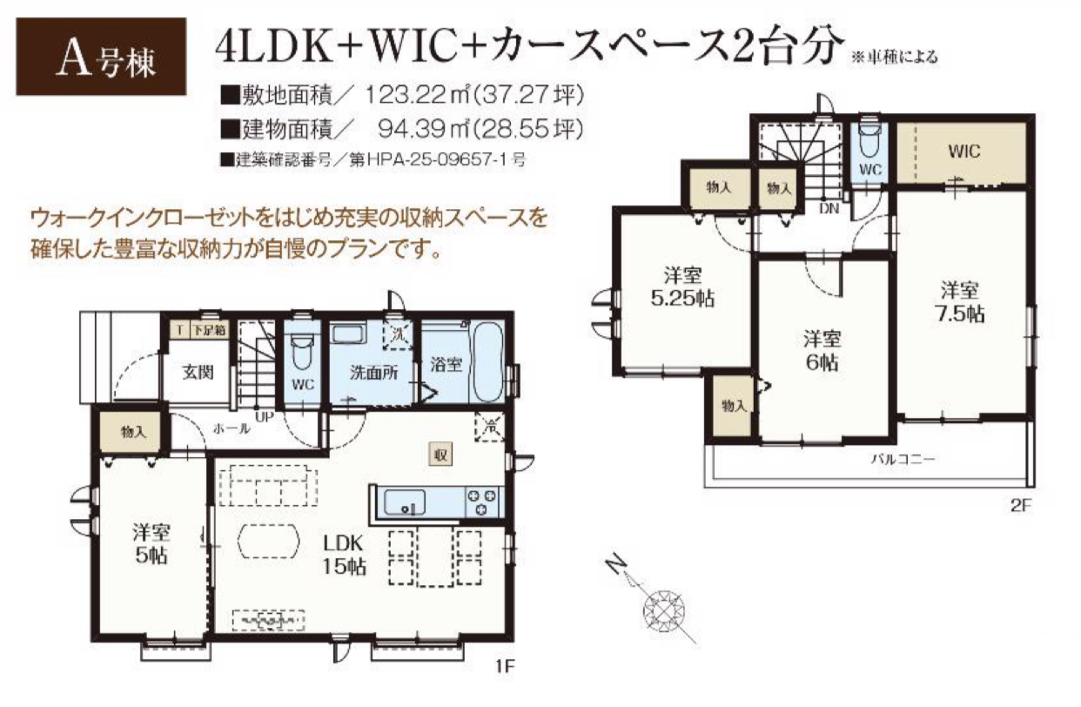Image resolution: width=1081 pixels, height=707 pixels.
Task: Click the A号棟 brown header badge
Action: (x=101, y=57)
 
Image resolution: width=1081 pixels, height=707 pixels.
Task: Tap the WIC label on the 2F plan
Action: (x=964, y=152)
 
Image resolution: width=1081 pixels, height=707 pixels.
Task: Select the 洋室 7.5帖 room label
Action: (x=960, y=303)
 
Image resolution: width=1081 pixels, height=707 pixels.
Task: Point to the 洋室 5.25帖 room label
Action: (x=682, y=288)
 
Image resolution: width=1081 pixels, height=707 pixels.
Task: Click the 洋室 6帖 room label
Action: (x=822, y=351)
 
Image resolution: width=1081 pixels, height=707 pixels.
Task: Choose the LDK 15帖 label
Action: (x=343, y=555)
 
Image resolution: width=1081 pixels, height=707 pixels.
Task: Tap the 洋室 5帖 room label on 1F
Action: (x=151, y=544)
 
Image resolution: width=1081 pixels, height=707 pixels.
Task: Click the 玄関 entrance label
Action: (x=198, y=373)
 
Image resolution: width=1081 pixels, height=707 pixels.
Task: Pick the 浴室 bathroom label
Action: (x=446, y=364)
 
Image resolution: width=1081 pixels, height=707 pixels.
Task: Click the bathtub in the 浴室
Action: (x=488, y=360)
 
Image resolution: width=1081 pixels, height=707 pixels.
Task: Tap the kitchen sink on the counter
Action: (x=405, y=502)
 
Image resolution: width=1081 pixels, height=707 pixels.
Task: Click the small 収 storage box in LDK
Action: (x=441, y=454)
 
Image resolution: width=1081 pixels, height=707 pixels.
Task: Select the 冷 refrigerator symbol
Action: (x=490, y=427)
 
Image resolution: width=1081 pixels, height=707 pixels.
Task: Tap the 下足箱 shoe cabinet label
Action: (x=209, y=331)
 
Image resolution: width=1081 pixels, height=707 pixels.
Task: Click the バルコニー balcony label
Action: (x=903, y=459)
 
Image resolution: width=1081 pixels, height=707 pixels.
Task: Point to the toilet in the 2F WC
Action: (x=869, y=141)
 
